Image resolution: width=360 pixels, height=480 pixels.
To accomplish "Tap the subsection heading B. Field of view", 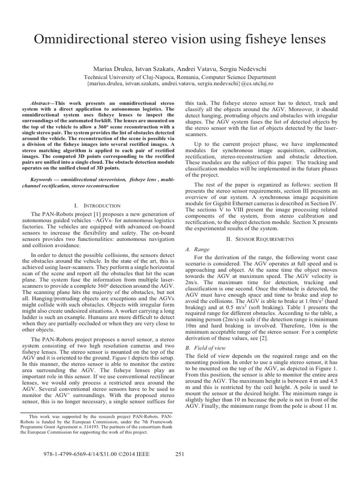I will pos(206,348).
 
